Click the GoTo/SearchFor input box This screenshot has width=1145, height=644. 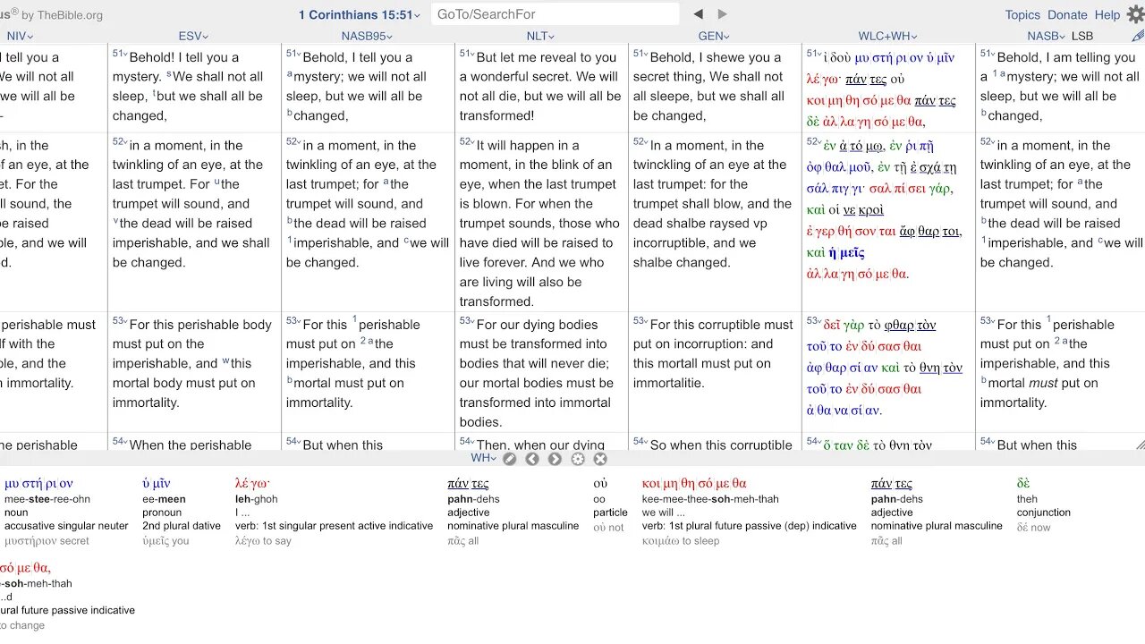click(x=555, y=14)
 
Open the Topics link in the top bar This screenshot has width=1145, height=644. click(x=1022, y=15)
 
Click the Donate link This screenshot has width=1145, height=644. click(x=1067, y=15)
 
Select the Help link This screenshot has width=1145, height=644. click(x=1107, y=15)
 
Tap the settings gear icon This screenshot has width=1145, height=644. click(x=1135, y=14)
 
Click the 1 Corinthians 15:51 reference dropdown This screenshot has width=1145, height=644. click(x=359, y=15)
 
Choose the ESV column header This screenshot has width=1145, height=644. click(x=193, y=36)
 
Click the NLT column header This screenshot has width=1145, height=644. click(x=540, y=36)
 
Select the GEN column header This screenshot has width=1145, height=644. click(x=714, y=36)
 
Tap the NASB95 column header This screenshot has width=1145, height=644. click(x=367, y=36)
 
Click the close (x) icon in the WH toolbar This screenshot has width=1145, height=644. click(x=600, y=459)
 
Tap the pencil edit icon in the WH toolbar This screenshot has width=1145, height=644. click(x=509, y=459)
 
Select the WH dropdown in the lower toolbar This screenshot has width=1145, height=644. click(x=483, y=458)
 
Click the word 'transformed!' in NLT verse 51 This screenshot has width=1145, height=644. click(x=496, y=115)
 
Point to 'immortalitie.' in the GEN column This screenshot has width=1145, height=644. click(x=669, y=383)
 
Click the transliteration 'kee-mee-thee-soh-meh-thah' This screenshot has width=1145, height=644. click(x=710, y=499)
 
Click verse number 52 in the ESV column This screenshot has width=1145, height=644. click(x=119, y=142)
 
